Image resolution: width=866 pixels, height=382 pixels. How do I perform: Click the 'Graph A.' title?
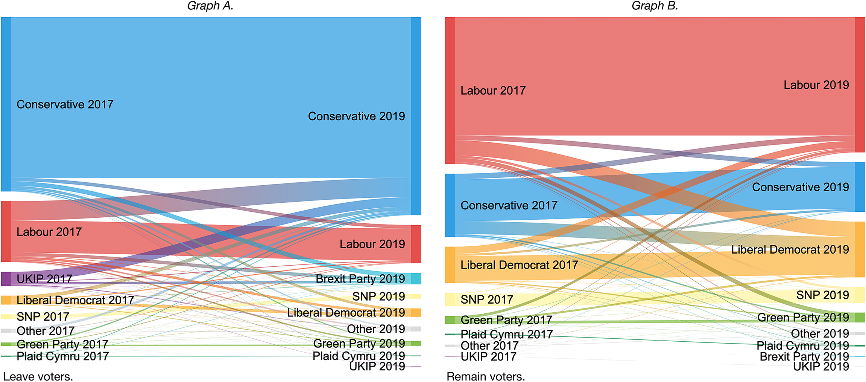coord(210,6)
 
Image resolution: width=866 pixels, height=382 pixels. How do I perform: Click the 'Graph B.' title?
coord(655,6)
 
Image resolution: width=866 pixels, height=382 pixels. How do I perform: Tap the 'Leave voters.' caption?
coord(38,376)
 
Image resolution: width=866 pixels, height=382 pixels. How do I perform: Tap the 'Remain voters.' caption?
coord(486,376)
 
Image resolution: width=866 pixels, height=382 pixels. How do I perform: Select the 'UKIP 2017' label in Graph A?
coord(44,279)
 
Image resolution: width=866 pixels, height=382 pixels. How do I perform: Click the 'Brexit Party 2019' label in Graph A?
coord(360,279)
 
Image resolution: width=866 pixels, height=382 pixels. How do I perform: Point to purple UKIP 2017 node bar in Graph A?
coord(6,279)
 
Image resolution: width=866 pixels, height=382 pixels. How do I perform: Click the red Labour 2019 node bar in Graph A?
coord(415,244)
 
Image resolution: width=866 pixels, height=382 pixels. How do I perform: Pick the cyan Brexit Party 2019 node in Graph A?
coord(415,278)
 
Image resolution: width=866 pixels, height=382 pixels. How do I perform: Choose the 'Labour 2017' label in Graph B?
coord(493,90)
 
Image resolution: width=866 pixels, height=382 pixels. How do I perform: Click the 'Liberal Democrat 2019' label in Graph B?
coord(790,249)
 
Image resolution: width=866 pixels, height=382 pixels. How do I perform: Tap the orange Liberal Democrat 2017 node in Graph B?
coord(450,265)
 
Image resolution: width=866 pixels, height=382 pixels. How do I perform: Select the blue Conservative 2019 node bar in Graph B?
coord(860,187)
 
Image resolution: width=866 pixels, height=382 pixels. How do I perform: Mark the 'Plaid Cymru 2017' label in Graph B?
coord(506,334)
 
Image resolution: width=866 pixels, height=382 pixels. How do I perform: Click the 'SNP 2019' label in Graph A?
coord(378,296)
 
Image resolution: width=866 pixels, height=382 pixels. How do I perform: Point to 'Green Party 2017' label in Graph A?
coord(62,344)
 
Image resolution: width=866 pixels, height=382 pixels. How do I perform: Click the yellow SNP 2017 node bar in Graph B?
coord(450,299)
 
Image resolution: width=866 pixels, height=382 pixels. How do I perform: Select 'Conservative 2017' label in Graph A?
coord(65,104)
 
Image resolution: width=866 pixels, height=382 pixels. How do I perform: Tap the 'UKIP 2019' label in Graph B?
coord(821,366)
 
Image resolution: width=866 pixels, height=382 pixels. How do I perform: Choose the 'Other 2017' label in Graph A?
coord(46,331)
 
